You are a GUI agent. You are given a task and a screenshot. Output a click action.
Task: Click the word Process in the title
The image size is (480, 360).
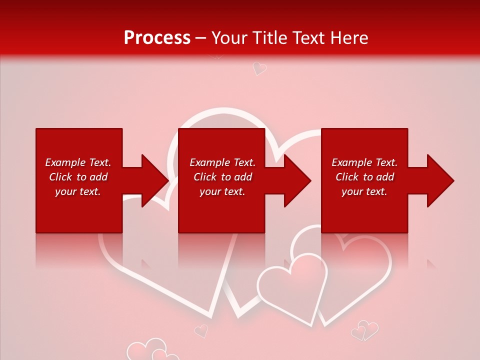157,38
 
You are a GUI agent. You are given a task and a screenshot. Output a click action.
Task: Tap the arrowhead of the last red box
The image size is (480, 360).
439,180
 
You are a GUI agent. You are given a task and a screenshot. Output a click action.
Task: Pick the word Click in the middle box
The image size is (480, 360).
205,177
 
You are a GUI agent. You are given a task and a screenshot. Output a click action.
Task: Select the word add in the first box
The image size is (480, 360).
98,177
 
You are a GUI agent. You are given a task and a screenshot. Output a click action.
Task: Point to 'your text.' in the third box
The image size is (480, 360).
364,191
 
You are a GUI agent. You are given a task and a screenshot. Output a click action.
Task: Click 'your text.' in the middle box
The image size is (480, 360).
222,191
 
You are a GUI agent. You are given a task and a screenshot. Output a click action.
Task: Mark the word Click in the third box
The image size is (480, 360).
347,177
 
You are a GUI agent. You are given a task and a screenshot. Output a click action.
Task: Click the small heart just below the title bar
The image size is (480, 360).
259,68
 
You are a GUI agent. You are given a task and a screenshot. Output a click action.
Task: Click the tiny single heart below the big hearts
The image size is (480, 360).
201,330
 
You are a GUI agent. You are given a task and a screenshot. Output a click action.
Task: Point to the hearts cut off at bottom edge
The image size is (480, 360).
150,351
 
